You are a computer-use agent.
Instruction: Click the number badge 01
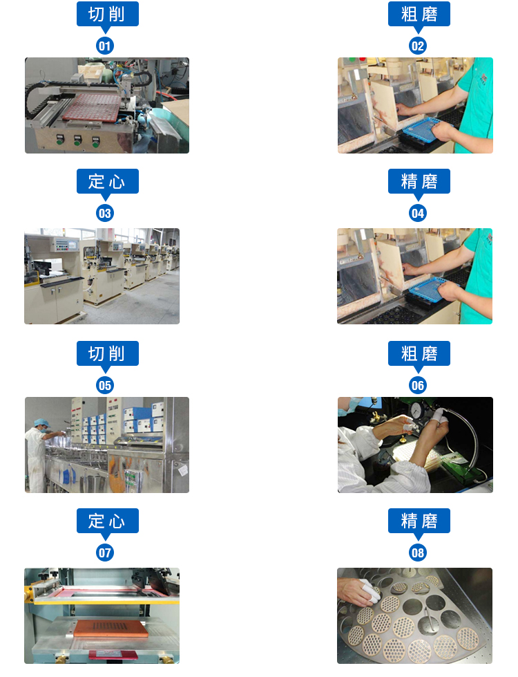[x=105, y=46]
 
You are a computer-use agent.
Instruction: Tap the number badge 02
[x=417, y=46]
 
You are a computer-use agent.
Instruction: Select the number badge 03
[x=105, y=213]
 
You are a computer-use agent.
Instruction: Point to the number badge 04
[x=417, y=213]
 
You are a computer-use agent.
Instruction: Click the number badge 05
[x=105, y=385]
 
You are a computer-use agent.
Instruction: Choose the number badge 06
[x=417, y=385]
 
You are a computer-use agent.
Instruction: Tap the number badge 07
[x=105, y=553]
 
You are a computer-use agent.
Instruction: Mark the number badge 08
[x=417, y=553]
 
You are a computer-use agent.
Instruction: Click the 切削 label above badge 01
[x=107, y=14]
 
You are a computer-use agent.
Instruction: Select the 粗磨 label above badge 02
[x=419, y=14]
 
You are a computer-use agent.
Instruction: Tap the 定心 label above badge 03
[x=107, y=181]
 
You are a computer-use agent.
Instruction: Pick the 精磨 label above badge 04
[x=419, y=181]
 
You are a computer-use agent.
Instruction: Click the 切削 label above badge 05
[x=107, y=353]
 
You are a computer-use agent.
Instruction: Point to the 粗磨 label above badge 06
[x=419, y=353]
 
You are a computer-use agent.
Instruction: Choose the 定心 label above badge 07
[x=107, y=521]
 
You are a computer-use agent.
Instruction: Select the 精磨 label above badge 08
[x=419, y=521]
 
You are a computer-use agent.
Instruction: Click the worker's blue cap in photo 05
[x=41, y=422]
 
